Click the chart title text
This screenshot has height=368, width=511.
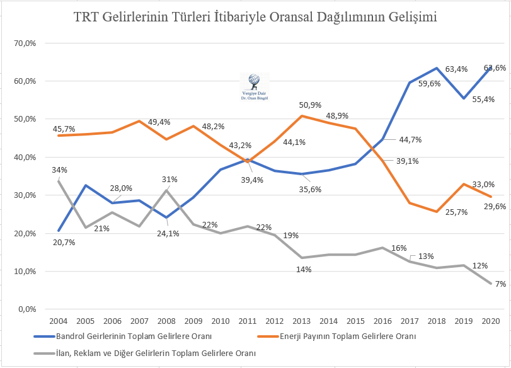(255, 18)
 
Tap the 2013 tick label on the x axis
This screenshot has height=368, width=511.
(302, 322)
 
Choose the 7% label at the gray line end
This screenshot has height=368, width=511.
(500, 285)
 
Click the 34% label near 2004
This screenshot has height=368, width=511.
(60, 170)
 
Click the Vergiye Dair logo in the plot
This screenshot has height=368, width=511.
(255, 84)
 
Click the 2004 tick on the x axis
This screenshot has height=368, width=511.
(58, 322)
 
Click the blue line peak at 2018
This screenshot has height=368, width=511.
(436, 68)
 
